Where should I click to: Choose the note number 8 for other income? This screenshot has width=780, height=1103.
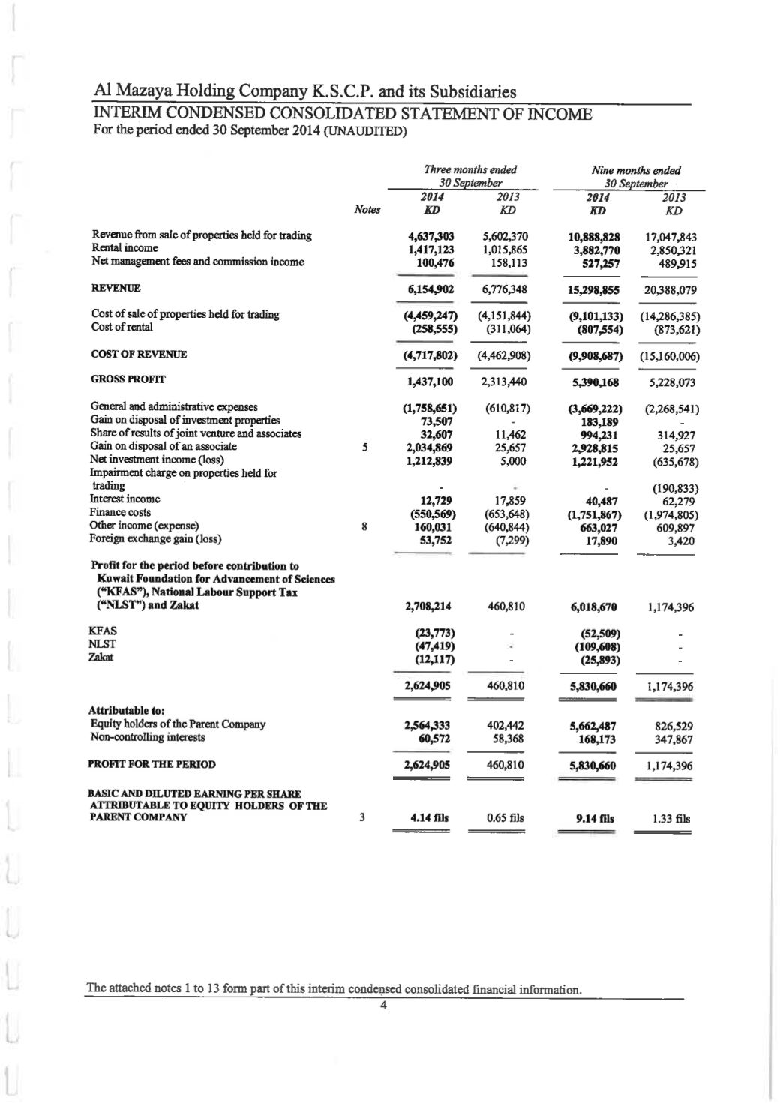click(x=364, y=526)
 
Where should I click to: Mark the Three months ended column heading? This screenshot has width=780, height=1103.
click(x=470, y=170)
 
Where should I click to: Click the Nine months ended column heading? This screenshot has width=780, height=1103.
click(x=637, y=170)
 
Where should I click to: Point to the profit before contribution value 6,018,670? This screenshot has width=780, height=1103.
click(x=593, y=607)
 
